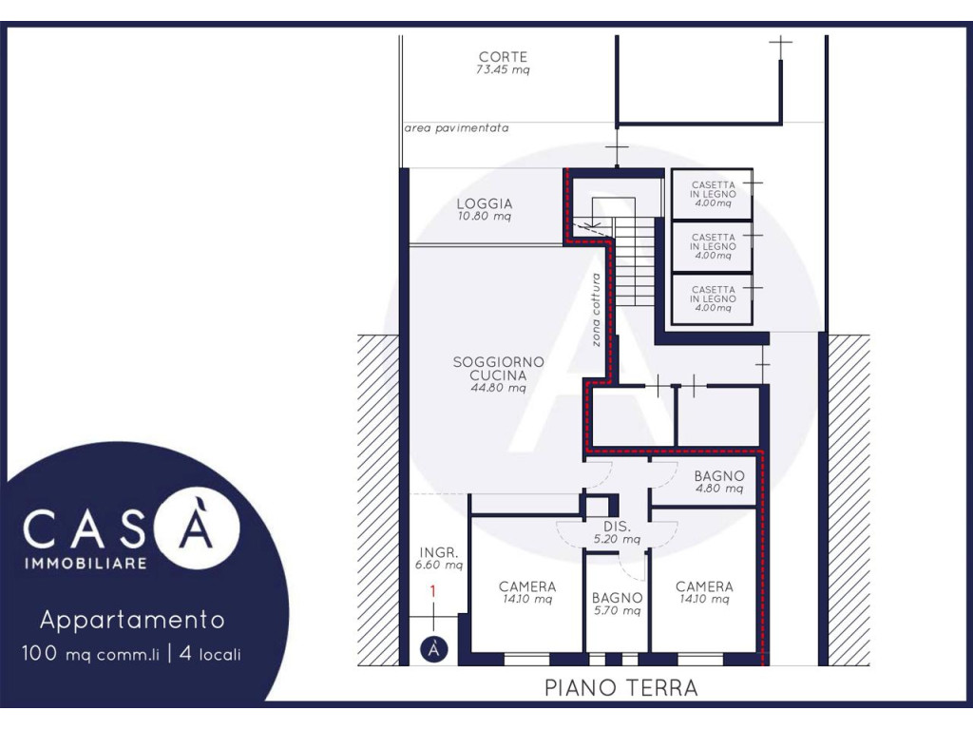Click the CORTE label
click(x=503, y=56)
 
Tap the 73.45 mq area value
click(x=503, y=70)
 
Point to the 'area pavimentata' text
click(x=456, y=128)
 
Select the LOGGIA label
click(x=485, y=203)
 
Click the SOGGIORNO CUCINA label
click(x=498, y=368)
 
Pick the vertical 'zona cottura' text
click(x=596, y=310)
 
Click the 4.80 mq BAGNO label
click(x=718, y=482)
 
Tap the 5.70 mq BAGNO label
click(x=617, y=604)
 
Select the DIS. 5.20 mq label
click(x=617, y=532)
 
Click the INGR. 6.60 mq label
click(x=439, y=559)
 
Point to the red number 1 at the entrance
click(x=433, y=591)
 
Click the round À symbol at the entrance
click(x=433, y=649)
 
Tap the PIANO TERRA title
click(x=621, y=688)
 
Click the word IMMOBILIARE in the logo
click(x=86, y=563)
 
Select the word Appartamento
click(x=132, y=620)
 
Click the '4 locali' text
click(x=210, y=654)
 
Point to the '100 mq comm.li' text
click(x=90, y=654)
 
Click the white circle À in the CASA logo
click(x=197, y=525)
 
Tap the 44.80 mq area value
click(x=498, y=389)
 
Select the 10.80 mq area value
click(x=485, y=217)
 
